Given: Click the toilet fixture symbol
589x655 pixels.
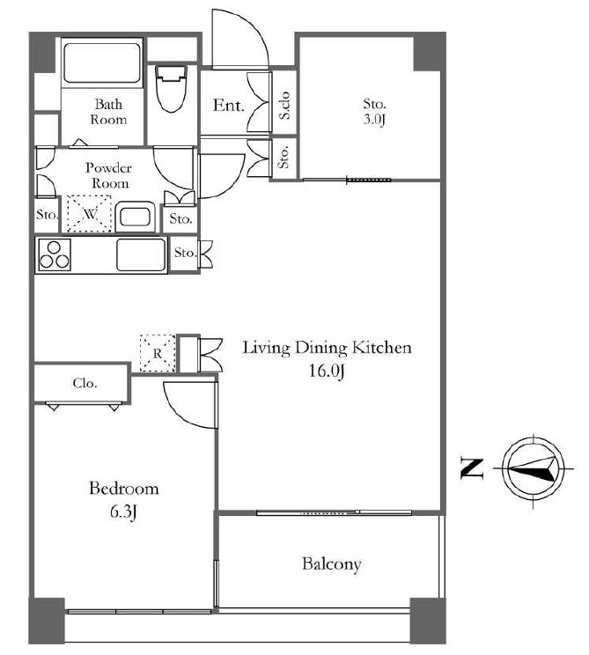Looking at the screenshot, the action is [x=171, y=88].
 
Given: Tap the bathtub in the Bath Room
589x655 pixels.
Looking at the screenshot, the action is [x=102, y=63].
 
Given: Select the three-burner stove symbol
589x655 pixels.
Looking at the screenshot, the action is [x=55, y=254].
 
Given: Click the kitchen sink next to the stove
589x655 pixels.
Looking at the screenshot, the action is [x=141, y=254].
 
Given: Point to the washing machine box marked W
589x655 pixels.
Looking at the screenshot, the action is [x=90, y=213].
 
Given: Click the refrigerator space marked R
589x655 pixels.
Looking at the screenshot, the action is [x=158, y=353].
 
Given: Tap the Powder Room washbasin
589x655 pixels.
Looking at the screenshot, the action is [x=135, y=217].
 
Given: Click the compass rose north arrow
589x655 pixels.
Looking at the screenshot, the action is [x=533, y=468].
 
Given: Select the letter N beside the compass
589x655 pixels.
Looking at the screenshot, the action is [x=472, y=468].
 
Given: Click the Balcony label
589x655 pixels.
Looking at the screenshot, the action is [x=332, y=564].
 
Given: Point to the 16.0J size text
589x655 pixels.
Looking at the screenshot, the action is [x=327, y=371].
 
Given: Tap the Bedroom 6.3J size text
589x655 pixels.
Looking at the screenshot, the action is [x=124, y=512].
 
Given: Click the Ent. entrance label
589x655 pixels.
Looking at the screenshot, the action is [x=228, y=106].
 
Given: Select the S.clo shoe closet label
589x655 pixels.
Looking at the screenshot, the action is [x=284, y=105].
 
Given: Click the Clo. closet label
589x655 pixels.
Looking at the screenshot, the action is [x=85, y=383].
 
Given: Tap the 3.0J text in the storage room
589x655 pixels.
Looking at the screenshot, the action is [x=374, y=120].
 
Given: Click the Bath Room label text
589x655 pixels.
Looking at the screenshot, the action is [x=108, y=112].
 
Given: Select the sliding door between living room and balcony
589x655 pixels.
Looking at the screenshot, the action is [x=335, y=512].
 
